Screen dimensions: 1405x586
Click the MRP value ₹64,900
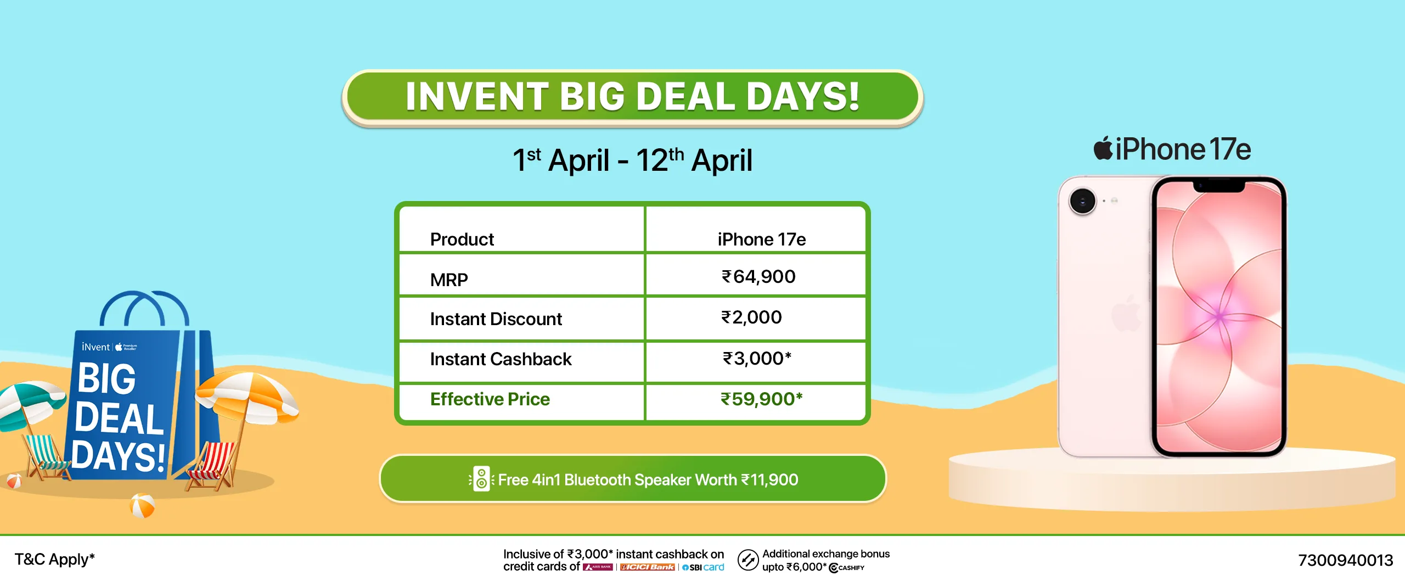pyautogui.click(x=758, y=277)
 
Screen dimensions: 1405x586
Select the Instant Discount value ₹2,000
pyautogui.click(x=751, y=317)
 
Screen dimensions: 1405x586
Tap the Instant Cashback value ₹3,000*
pyautogui.click(x=757, y=359)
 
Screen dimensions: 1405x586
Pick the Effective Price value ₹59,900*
pyautogui.click(x=762, y=399)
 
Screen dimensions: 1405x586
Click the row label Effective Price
pyautogui.click(x=490, y=399)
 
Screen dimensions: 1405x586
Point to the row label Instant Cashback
pyautogui.click(x=501, y=359)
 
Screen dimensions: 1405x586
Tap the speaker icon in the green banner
pyautogui.click(x=481, y=479)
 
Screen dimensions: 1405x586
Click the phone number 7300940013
pyautogui.click(x=1345, y=560)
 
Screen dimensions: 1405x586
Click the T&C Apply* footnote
pyautogui.click(x=54, y=559)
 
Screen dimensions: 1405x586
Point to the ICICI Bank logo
pyautogui.click(x=647, y=567)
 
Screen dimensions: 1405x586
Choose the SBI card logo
pyautogui.click(x=703, y=567)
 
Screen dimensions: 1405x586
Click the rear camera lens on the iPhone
pyautogui.click(x=1082, y=201)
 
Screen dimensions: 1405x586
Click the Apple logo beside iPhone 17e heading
pyautogui.click(x=1103, y=148)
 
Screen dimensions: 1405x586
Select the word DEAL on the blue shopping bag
pyautogui.click(x=119, y=418)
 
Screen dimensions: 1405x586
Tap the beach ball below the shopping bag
pyautogui.click(x=142, y=506)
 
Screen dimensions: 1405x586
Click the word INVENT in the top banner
pyautogui.click(x=477, y=97)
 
